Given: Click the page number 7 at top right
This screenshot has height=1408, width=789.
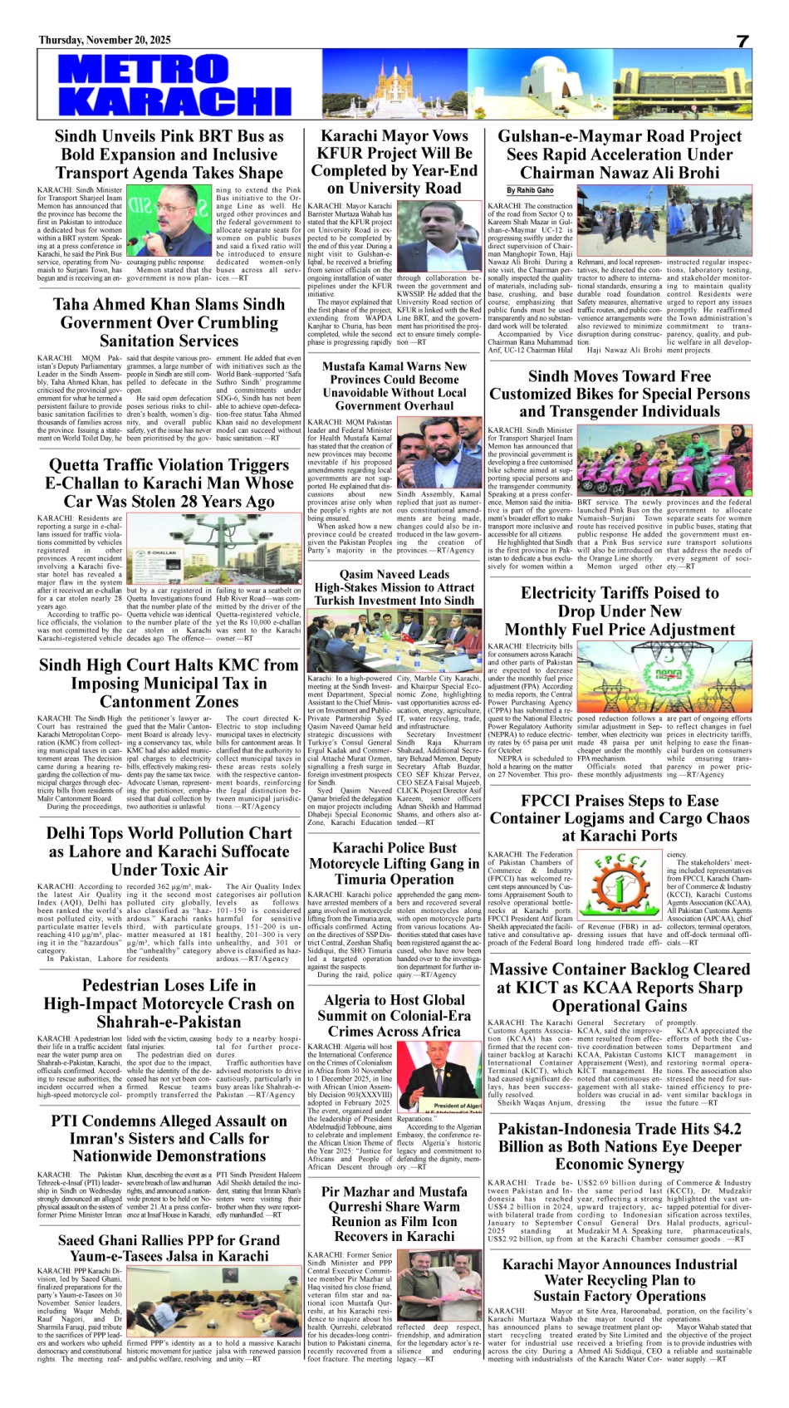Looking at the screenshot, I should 742,42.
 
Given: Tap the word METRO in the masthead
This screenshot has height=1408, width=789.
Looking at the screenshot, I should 132,69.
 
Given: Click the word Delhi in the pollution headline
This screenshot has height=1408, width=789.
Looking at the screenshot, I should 68,833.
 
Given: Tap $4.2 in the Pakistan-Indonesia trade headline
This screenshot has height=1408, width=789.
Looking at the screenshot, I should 720,1129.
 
